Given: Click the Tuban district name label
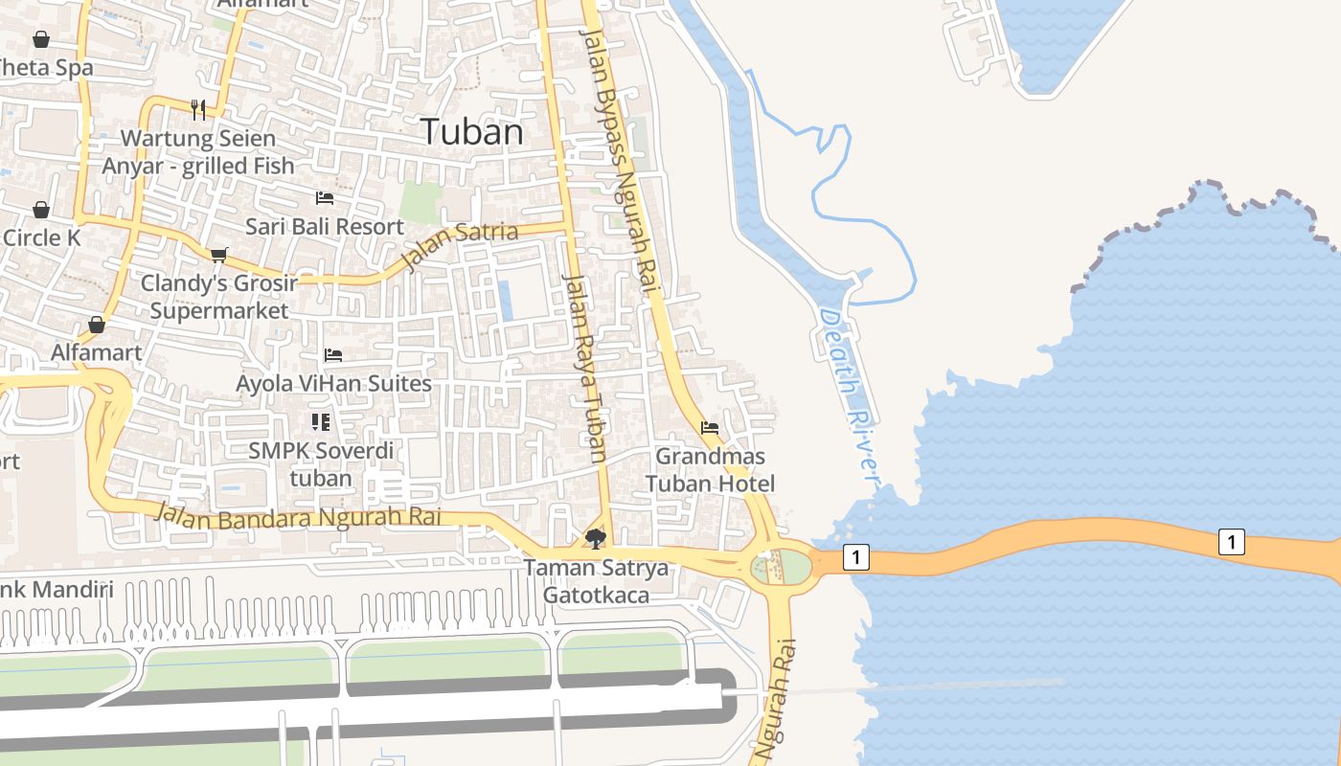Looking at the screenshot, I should click(472, 132).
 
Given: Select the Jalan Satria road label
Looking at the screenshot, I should click(461, 244).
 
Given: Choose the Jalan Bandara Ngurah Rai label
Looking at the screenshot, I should click(297, 516).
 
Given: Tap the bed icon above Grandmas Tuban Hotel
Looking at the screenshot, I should click(710, 428).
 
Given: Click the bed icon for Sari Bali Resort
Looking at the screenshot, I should click(325, 198).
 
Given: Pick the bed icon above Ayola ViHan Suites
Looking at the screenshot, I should click(333, 354).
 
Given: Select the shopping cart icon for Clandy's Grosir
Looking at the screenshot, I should click(219, 255).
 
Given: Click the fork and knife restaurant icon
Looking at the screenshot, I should click(198, 109).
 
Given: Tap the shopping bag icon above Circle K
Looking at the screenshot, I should click(41, 210).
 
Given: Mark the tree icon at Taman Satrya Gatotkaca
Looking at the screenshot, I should click(596, 538).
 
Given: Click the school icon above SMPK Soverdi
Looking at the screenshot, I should click(320, 421).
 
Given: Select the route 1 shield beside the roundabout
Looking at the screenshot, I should click(856, 556).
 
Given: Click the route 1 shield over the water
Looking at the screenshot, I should click(1232, 541).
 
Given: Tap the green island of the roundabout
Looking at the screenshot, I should click(793, 566).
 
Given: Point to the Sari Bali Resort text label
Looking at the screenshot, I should click(325, 227).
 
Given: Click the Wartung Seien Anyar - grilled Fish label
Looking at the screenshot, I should click(198, 152).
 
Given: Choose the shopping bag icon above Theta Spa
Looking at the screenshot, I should click(41, 39).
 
